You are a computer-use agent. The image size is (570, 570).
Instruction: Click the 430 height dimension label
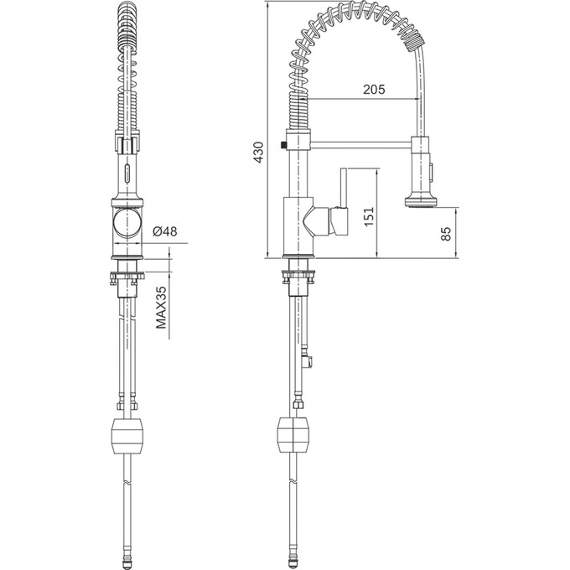258,153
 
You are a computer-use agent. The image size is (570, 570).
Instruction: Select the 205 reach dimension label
374,89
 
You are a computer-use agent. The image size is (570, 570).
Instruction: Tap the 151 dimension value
369,216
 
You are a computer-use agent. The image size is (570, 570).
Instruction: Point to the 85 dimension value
446,233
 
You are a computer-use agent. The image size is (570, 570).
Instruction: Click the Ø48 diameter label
164,231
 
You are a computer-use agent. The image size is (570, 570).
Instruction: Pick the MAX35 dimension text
161,308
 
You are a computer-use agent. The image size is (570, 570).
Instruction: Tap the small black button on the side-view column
283,145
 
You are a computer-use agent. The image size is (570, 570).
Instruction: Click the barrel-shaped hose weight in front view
127,436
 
